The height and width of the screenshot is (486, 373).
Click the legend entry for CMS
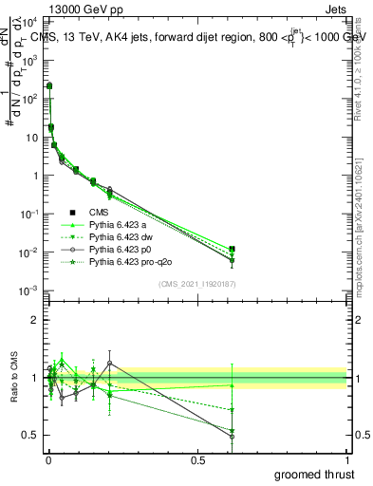98,213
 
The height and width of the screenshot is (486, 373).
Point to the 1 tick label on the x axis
348,459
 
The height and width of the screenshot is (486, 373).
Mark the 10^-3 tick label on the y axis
30,290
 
